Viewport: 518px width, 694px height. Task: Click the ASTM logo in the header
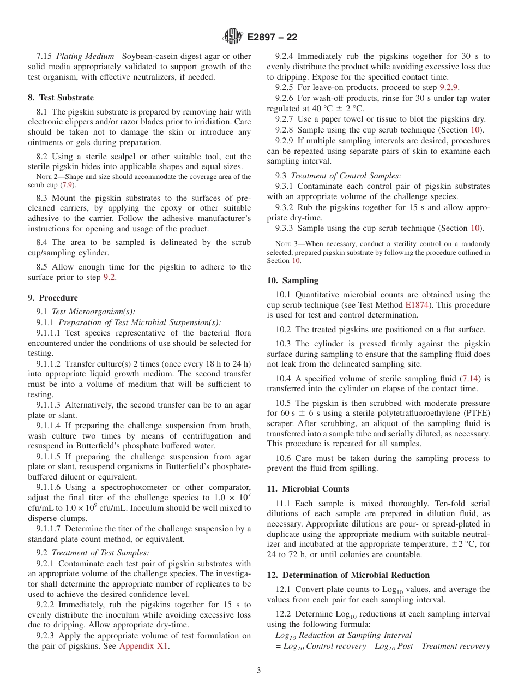233,37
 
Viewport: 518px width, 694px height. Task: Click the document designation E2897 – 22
272,38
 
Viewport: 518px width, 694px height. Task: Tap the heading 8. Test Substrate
61,98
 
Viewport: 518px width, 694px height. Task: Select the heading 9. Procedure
53,298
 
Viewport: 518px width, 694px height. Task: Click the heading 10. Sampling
292,280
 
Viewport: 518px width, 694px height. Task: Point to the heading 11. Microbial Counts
308,489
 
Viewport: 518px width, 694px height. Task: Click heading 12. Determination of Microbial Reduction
348,575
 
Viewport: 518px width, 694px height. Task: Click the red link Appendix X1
144,646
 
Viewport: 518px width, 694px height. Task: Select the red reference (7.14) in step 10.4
472,379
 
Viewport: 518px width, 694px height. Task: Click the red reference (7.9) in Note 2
67,185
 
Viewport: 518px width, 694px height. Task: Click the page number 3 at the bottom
259,671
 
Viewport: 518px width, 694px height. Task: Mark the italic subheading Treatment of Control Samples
346,176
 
